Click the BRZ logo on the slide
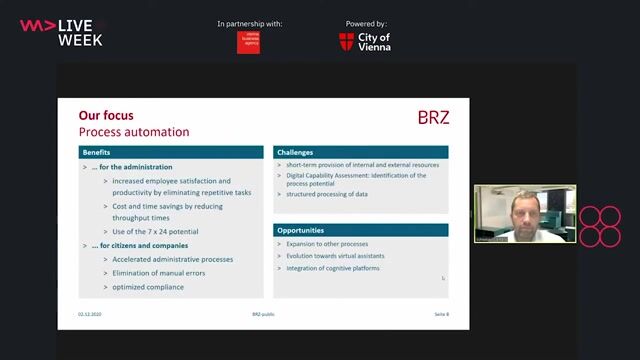point(433,118)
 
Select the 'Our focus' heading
point(106,116)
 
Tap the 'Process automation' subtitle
point(134,132)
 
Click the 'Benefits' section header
point(97,152)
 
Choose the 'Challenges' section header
point(297,152)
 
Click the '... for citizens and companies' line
point(140,245)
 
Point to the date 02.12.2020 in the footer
point(90,313)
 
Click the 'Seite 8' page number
point(441,313)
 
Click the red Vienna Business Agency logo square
point(248,42)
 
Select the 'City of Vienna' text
point(374,42)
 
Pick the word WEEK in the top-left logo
point(80,40)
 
